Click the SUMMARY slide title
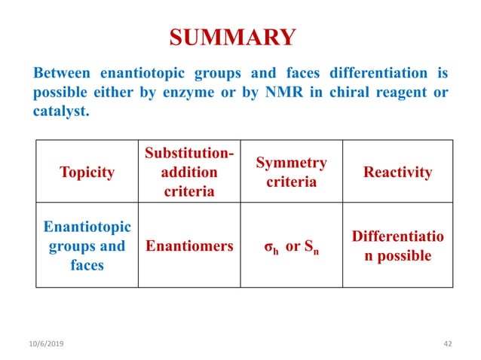tap(231, 37)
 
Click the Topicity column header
tap(87, 172)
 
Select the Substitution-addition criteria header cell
tap(188, 172)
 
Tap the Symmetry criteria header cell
tap(291, 172)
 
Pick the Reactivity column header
tap(397, 172)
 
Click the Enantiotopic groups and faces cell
tap(87, 246)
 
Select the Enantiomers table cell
tap(188, 246)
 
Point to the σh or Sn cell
tap(291, 246)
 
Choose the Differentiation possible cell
tap(397, 246)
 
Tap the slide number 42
tap(448, 343)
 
